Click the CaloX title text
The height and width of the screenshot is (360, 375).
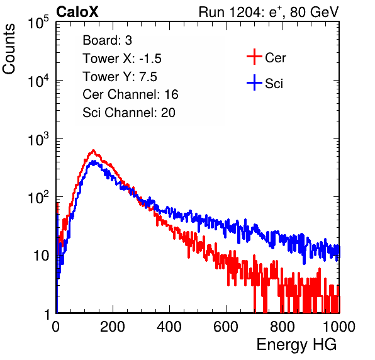point(77,12)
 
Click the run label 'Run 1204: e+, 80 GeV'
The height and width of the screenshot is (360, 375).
point(269,12)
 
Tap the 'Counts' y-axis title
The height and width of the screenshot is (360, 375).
point(9,49)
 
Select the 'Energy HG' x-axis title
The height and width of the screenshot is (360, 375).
point(296,344)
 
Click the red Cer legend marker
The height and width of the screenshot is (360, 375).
point(254,57)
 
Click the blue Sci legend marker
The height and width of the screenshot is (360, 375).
point(254,82)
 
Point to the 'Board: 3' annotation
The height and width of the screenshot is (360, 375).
point(108,40)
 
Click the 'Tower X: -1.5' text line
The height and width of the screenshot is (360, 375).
point(122,59)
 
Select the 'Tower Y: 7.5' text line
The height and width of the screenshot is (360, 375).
point(120,77)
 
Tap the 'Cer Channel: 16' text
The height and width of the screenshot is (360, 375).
point(130,94)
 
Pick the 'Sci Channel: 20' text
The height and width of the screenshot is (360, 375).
point(129,113)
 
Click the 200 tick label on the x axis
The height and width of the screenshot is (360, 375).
point(113,327)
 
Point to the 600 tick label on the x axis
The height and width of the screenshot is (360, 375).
point(226,327)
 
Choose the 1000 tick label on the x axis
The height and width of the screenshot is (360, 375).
point(339,327)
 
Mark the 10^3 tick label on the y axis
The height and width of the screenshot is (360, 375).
point(38,139)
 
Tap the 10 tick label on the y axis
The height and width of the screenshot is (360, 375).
point(41,256)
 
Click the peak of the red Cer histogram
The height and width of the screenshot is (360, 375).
point(94,150)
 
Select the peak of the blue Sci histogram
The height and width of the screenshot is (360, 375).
point(94,162)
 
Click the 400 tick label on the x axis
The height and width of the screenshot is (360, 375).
point(169,327)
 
